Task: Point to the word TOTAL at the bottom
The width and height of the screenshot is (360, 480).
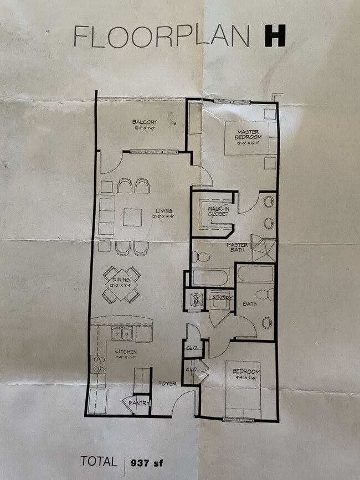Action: pos(99,461)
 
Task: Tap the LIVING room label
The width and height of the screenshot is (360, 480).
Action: pos(164,210)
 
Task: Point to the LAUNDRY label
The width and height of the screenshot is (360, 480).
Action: pos(220,298)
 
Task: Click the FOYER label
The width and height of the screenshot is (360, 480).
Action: pos(168,383)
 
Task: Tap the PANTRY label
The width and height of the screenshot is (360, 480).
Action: pos(140,404)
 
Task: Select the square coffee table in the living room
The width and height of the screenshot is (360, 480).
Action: pos(132,217)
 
